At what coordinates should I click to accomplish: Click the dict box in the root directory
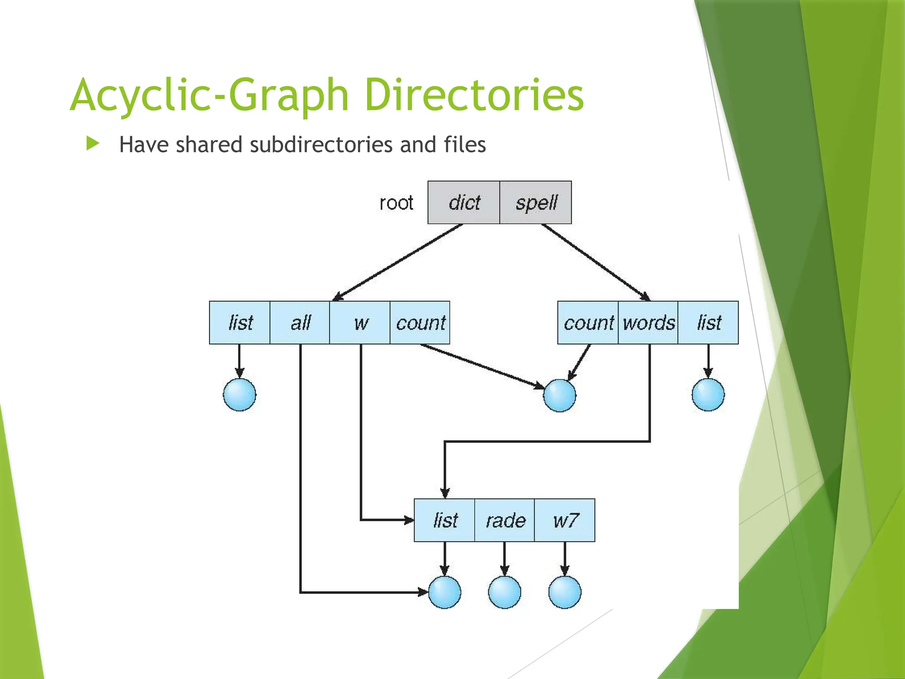464,202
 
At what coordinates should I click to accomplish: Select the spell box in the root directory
536,202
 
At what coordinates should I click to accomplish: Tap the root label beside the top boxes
396,203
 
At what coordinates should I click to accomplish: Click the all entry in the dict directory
300,323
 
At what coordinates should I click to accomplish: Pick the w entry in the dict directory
360,323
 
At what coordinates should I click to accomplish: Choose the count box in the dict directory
420,323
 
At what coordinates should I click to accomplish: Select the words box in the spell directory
648,323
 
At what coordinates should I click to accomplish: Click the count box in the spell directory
588,323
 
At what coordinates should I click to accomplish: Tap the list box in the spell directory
708,323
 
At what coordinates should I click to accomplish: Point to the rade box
505,520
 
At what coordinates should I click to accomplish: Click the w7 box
565,520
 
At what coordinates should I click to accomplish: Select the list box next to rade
445,520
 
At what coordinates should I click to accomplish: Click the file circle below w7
565,592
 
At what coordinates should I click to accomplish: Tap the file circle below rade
505,592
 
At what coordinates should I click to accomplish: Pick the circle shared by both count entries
559,395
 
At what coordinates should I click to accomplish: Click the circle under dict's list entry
240,395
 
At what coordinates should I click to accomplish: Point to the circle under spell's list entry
708,395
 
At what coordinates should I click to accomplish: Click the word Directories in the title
474,95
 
